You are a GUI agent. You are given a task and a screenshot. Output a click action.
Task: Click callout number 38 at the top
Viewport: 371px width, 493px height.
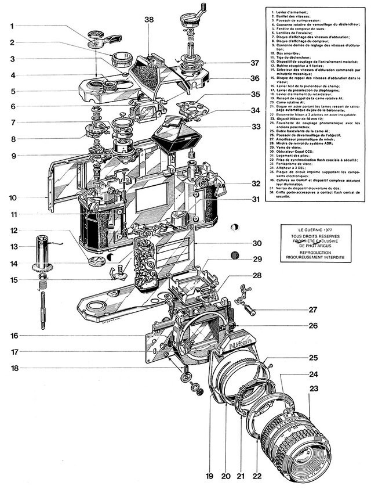click(149, 19)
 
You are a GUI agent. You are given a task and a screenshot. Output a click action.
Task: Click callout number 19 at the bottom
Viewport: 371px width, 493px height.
click(209, 477)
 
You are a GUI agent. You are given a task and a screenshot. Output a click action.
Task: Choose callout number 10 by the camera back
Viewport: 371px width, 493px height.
click(13, 197)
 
